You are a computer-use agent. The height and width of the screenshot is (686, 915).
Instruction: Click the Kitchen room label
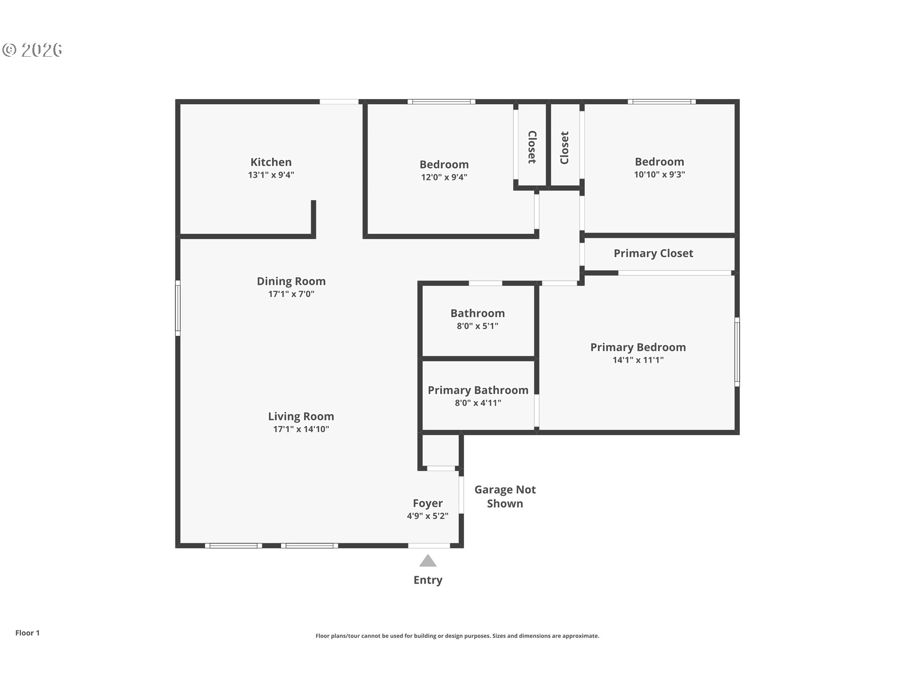[271, 162]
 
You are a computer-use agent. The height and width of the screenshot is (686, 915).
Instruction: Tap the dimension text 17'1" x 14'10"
[301, 429]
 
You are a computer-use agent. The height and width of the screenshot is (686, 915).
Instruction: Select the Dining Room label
[291, 281]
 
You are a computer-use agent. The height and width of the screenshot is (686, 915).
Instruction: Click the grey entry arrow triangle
[427, 561]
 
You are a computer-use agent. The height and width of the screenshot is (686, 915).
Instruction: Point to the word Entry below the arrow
[427, 580]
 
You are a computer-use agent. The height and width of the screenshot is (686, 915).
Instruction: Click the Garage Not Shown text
[505, 496]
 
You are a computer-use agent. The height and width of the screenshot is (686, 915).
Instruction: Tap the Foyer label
[427, 503]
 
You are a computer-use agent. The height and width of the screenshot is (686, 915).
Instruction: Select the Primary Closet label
[653, 253]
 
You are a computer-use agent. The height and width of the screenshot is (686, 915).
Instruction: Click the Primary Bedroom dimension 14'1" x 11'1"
[638, 360]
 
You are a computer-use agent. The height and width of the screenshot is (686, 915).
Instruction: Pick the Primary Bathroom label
[478, 390]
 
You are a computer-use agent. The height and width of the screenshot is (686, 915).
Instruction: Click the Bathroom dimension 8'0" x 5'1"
[477, 326]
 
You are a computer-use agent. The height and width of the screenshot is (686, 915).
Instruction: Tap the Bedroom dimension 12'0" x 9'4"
[444, 177]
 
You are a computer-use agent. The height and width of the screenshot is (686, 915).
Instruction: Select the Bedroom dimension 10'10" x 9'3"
[659, 174]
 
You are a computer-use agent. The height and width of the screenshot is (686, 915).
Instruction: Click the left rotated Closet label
[532, 147]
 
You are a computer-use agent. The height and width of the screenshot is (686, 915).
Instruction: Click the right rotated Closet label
[565, 148]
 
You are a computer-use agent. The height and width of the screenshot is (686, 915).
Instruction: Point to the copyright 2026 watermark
[32, 50]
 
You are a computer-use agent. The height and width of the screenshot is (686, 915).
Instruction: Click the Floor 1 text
[27, 633]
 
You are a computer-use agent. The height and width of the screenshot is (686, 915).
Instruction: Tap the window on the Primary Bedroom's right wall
[737, 352]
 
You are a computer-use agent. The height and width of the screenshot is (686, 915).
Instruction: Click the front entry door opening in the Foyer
[429, 545]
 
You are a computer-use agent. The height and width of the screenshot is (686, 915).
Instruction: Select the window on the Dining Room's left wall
[178, 307]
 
